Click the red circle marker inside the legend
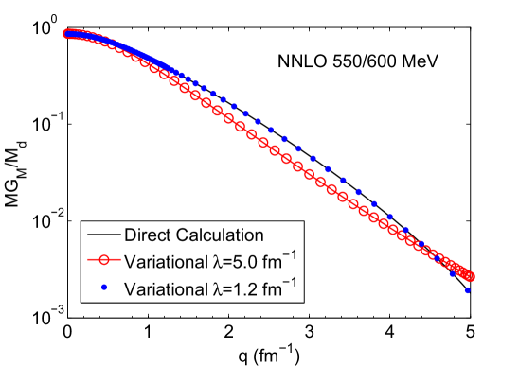pos(101,261)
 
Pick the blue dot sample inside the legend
pos(101,288)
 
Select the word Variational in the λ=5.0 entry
pos(162,261)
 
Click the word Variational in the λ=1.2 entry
pos(162,288)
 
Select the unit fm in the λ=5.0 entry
pos(261,261)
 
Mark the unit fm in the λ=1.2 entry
pos(261,288)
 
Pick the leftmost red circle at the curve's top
pos(68,34)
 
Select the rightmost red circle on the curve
pos(470,277)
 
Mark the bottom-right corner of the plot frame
pos(472,317)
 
